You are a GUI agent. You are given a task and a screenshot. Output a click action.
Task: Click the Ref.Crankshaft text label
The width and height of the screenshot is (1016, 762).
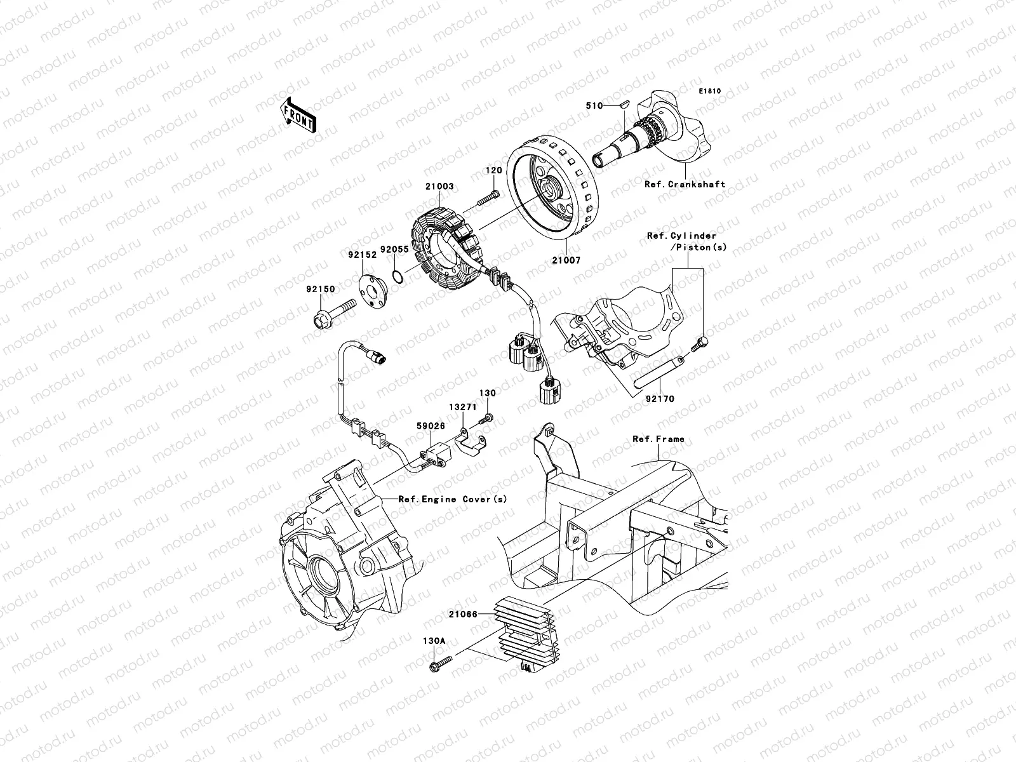point(685,185)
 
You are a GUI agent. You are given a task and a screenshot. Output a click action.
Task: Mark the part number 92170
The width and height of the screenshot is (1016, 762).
point(660,399)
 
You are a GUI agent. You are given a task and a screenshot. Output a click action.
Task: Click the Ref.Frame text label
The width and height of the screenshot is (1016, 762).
point(658,439)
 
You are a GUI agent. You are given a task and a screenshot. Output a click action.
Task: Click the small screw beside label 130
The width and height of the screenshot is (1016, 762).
point(487,417)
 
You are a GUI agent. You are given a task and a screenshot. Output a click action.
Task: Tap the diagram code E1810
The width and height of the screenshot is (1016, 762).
point(711,91)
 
